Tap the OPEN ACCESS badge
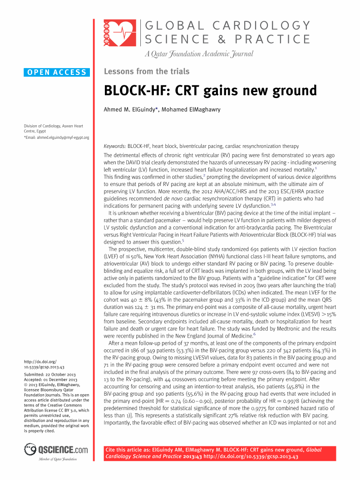[57, 72]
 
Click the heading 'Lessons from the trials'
[147, 71]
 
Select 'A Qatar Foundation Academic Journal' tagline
[199, 54]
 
